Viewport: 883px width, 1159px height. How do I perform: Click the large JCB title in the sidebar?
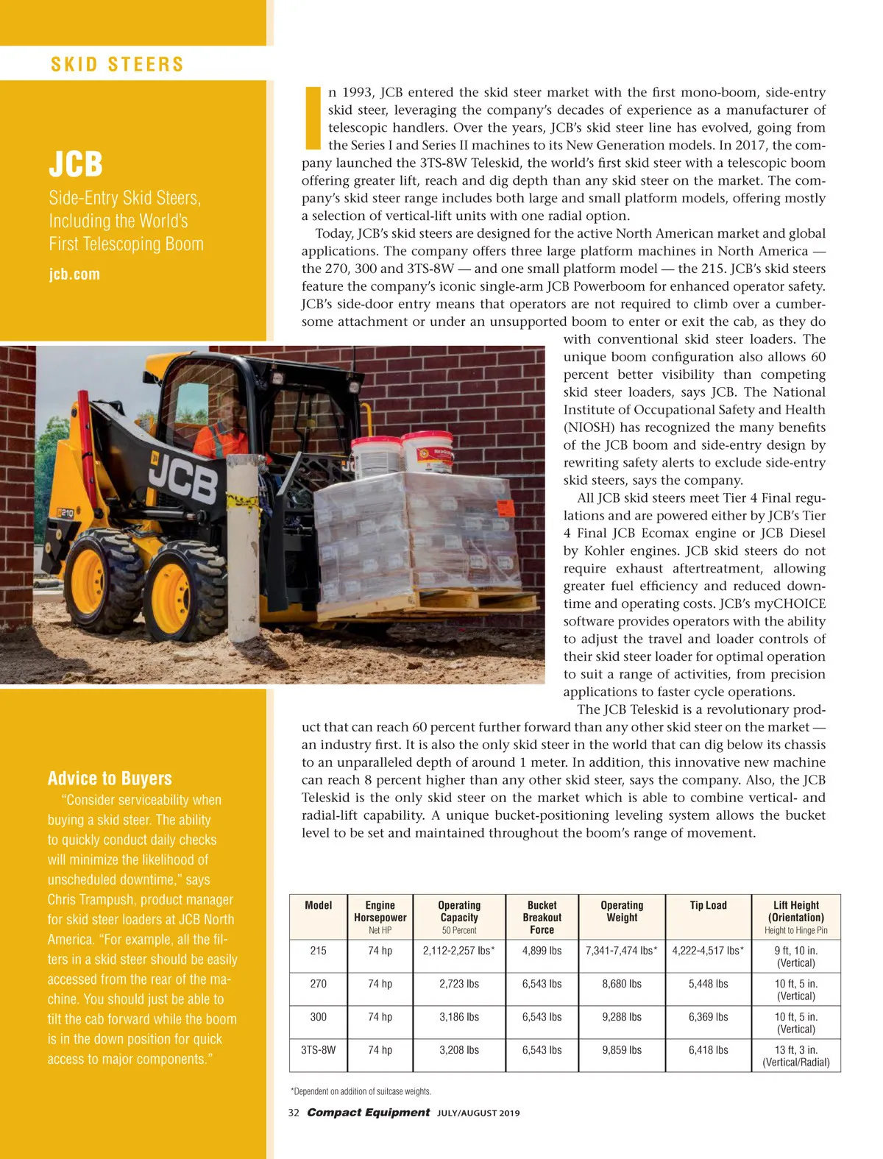point(76,163)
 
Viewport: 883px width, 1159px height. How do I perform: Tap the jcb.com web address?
point(74,274)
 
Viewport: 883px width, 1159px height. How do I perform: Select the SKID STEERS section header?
point(117,64)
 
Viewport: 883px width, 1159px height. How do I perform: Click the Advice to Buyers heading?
point(110,779)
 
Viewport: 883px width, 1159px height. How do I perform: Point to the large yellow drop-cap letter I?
point(313,118)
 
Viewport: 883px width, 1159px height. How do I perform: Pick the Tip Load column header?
point(708,906)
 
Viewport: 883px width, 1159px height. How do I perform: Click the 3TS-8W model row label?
point(318,1050)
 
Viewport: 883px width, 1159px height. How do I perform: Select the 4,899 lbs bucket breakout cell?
point(542,951)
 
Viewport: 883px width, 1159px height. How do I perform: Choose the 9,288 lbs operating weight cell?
point(622,1017)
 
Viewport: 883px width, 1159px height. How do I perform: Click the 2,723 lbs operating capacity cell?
point(459,984)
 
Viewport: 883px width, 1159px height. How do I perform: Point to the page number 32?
point(294,1113)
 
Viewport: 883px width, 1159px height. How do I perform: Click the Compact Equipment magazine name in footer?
point(368,1113)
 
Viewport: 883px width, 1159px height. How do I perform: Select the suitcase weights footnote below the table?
point(361,1091)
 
